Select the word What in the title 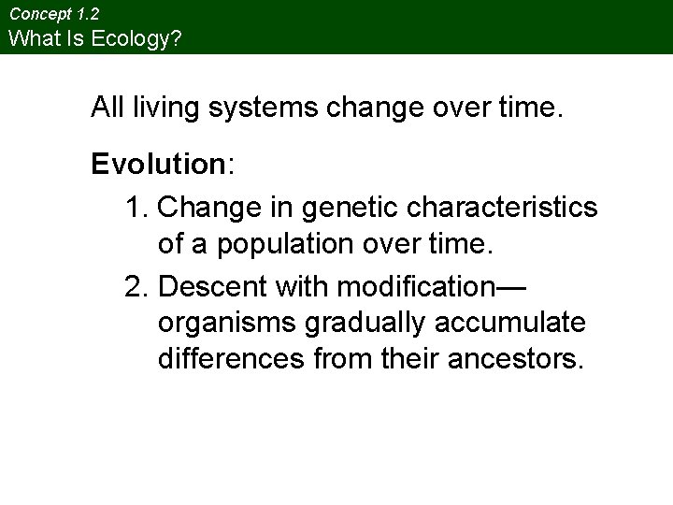(30, 38)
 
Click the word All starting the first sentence (107, 108)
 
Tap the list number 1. (136, 206)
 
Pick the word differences (228, 359)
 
